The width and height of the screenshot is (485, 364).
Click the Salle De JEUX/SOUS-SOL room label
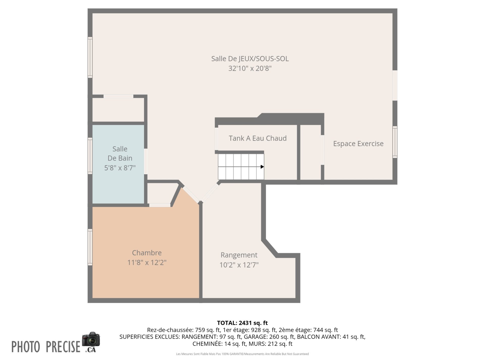tap(250, 59)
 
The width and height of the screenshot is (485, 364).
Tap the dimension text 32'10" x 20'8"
tap(250, 69)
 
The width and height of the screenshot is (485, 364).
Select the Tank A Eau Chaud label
tap(258, 138)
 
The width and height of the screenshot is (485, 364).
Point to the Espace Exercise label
tap(358, 144)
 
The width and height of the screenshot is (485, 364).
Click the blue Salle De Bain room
tap(118, 164)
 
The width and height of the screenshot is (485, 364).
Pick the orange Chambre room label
tap(147, 253)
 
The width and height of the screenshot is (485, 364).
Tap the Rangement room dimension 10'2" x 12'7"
tap(239, 265)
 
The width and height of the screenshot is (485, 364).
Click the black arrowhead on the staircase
tap(262, 167)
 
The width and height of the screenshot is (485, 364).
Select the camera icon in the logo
tap(91, 339)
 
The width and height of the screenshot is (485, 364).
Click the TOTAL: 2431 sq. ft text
tap(242, 323)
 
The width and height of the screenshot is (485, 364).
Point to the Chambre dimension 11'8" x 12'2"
tap(147, 263)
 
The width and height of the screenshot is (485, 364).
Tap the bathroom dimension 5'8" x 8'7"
tap(120, 168)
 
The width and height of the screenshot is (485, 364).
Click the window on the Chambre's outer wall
tap(90, 247)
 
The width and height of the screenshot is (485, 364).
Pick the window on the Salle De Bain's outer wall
tap(90, 156)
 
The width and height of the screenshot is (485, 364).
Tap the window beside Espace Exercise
tap(395, 142)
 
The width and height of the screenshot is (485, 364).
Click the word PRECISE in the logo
tap(63, 347)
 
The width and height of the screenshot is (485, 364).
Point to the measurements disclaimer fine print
tap(242, 354)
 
